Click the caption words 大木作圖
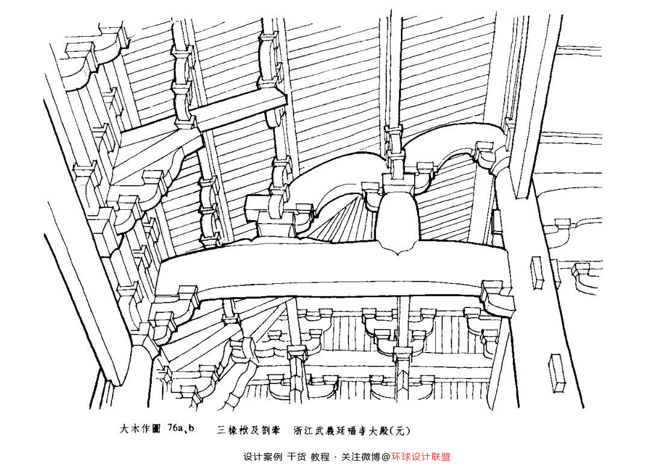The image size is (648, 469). pos(140,430)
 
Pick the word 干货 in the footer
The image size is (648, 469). pos(297,457)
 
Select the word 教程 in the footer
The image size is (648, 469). pos(320,457)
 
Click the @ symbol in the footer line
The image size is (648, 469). pos(386,457)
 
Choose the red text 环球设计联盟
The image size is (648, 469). pos(421,457)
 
